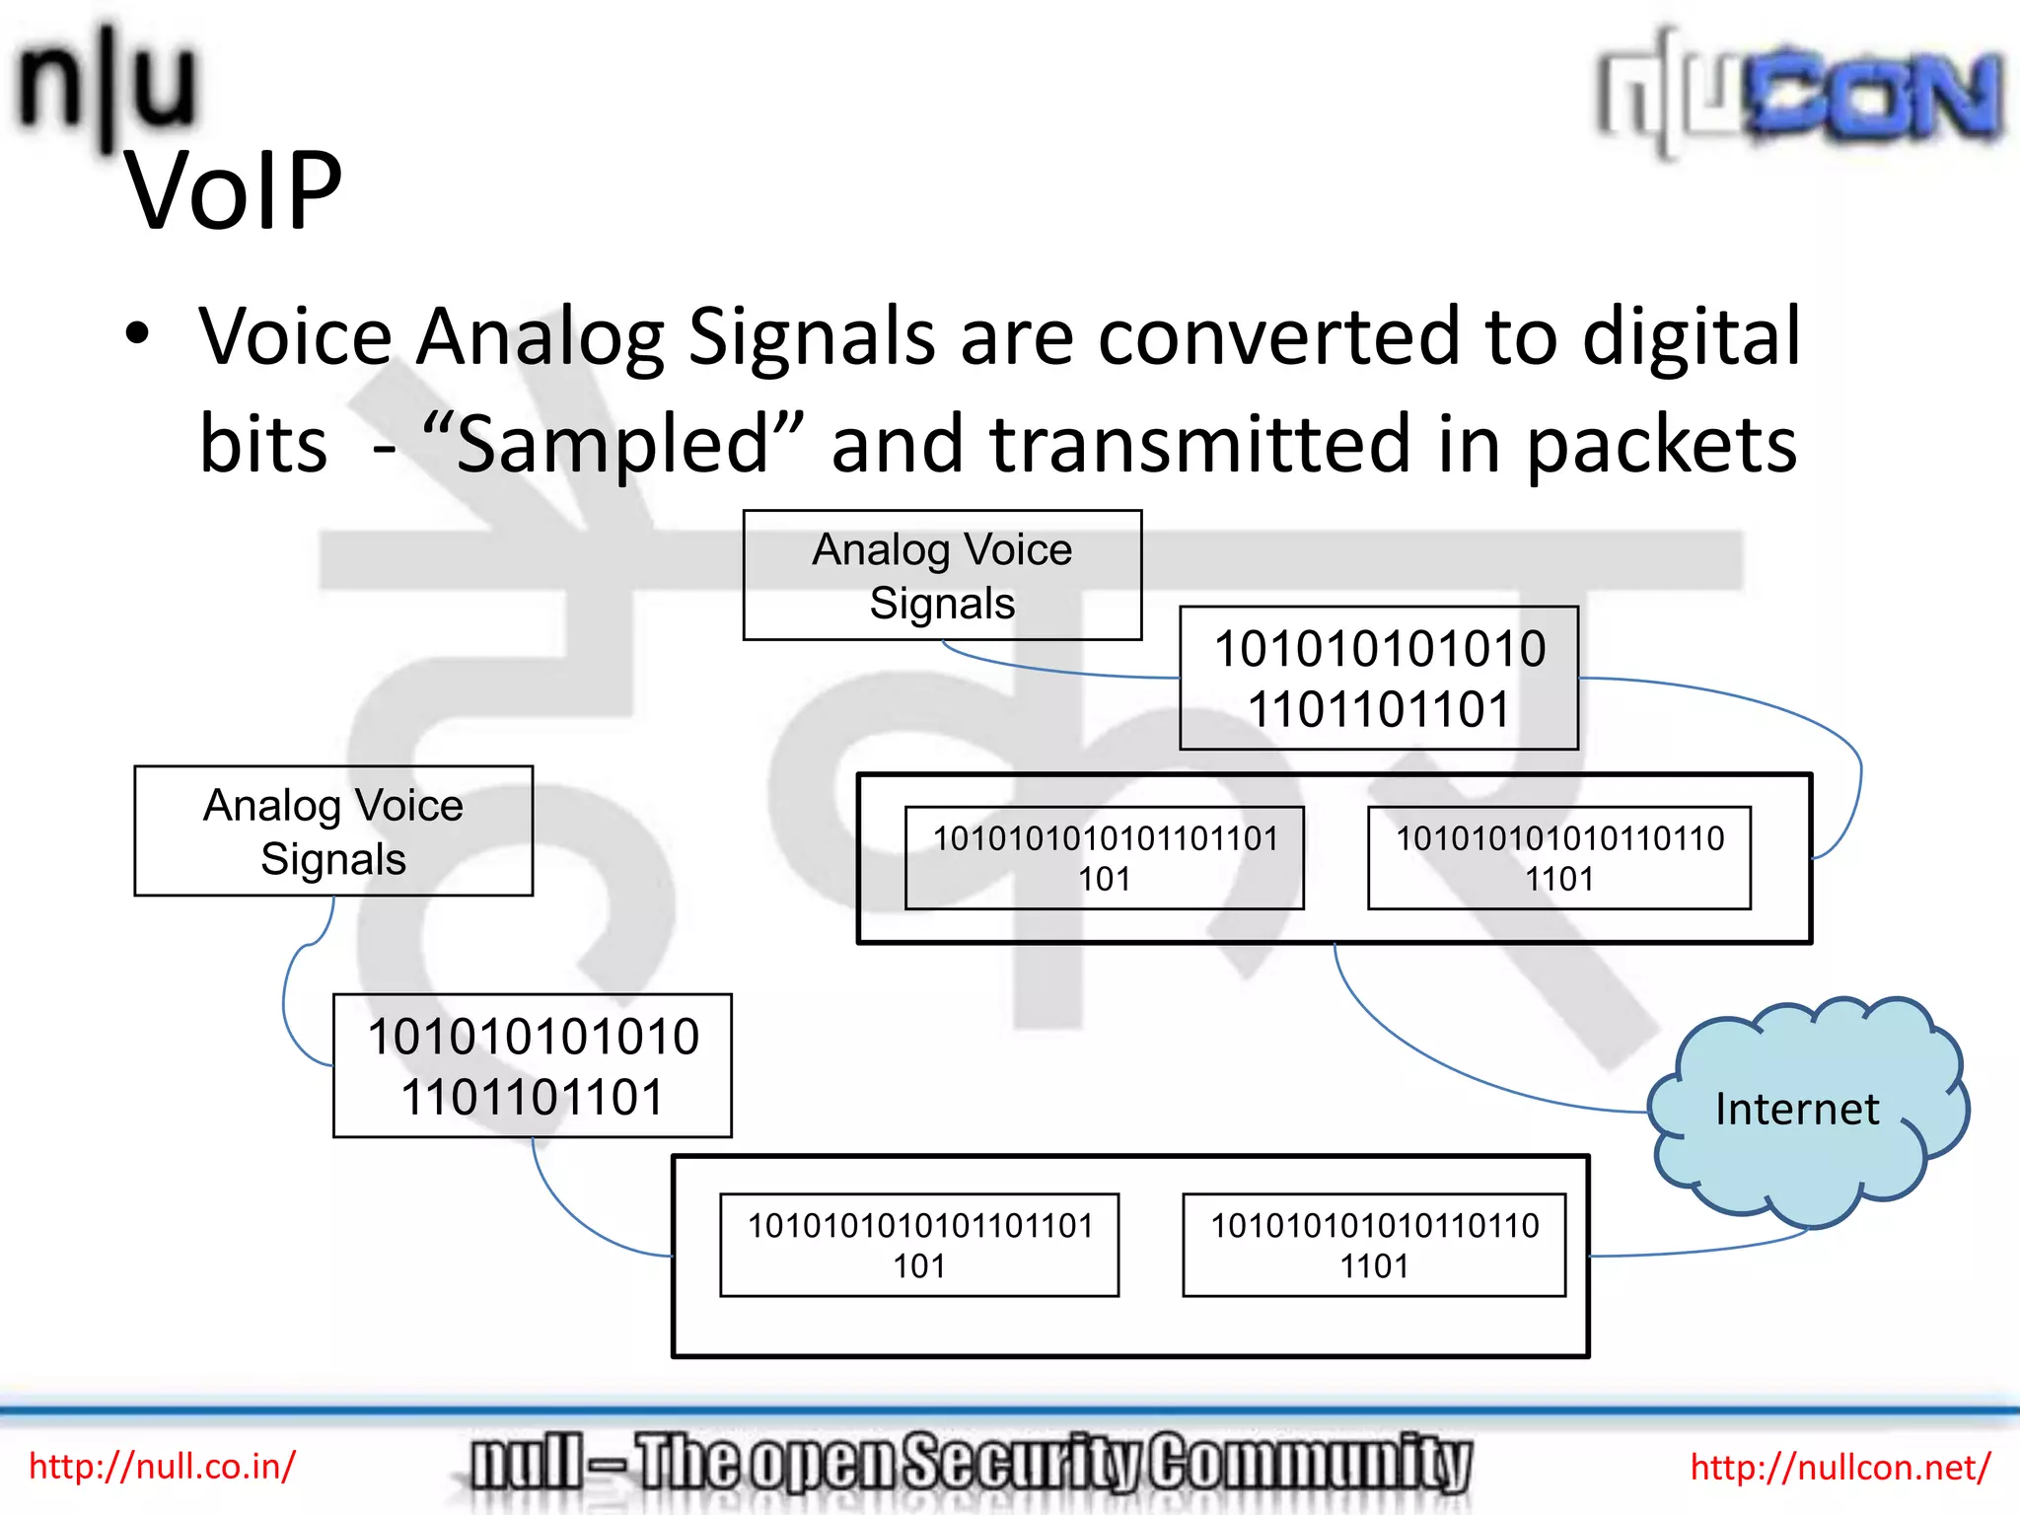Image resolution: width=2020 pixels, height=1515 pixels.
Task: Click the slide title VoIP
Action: coord(234,191)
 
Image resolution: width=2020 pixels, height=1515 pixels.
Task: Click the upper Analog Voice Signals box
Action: coord(942,575)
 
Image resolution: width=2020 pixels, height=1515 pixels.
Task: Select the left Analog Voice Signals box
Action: coord(333,830)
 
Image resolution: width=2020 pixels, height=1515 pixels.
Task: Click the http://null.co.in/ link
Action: coord(162,1466)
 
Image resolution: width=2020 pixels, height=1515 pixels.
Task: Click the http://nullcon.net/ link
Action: coord(1840,1467)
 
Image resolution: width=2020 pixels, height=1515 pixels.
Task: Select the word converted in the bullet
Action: coord(1278,337)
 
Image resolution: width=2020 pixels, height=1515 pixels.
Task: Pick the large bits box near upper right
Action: coord(1378,679)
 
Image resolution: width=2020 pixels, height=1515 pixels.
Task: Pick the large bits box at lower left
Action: coord(533,1066)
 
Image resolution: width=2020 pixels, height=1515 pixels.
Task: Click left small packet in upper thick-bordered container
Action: coord(1104,857)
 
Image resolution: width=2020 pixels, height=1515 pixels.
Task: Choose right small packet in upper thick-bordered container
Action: coord(1558,857)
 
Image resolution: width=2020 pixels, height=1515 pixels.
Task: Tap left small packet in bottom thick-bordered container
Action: coord(919,1245)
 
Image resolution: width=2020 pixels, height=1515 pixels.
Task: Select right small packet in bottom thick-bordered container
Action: coord(1374,1245)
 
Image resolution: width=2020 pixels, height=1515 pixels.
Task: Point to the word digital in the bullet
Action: coord(1691,337)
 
